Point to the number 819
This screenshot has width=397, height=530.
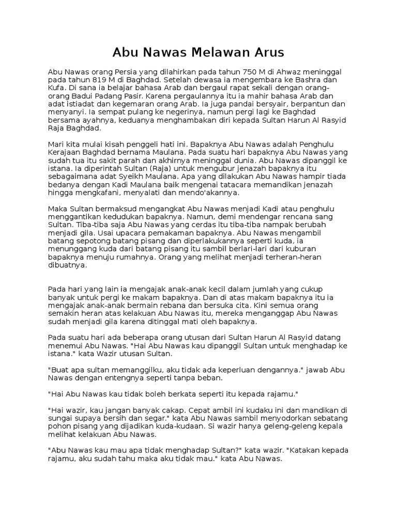(103, 80)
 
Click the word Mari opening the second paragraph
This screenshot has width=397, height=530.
(56, 145)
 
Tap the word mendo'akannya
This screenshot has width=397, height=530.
(212, 193)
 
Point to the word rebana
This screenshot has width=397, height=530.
(167, 306)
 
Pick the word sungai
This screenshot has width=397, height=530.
(60, 419)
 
